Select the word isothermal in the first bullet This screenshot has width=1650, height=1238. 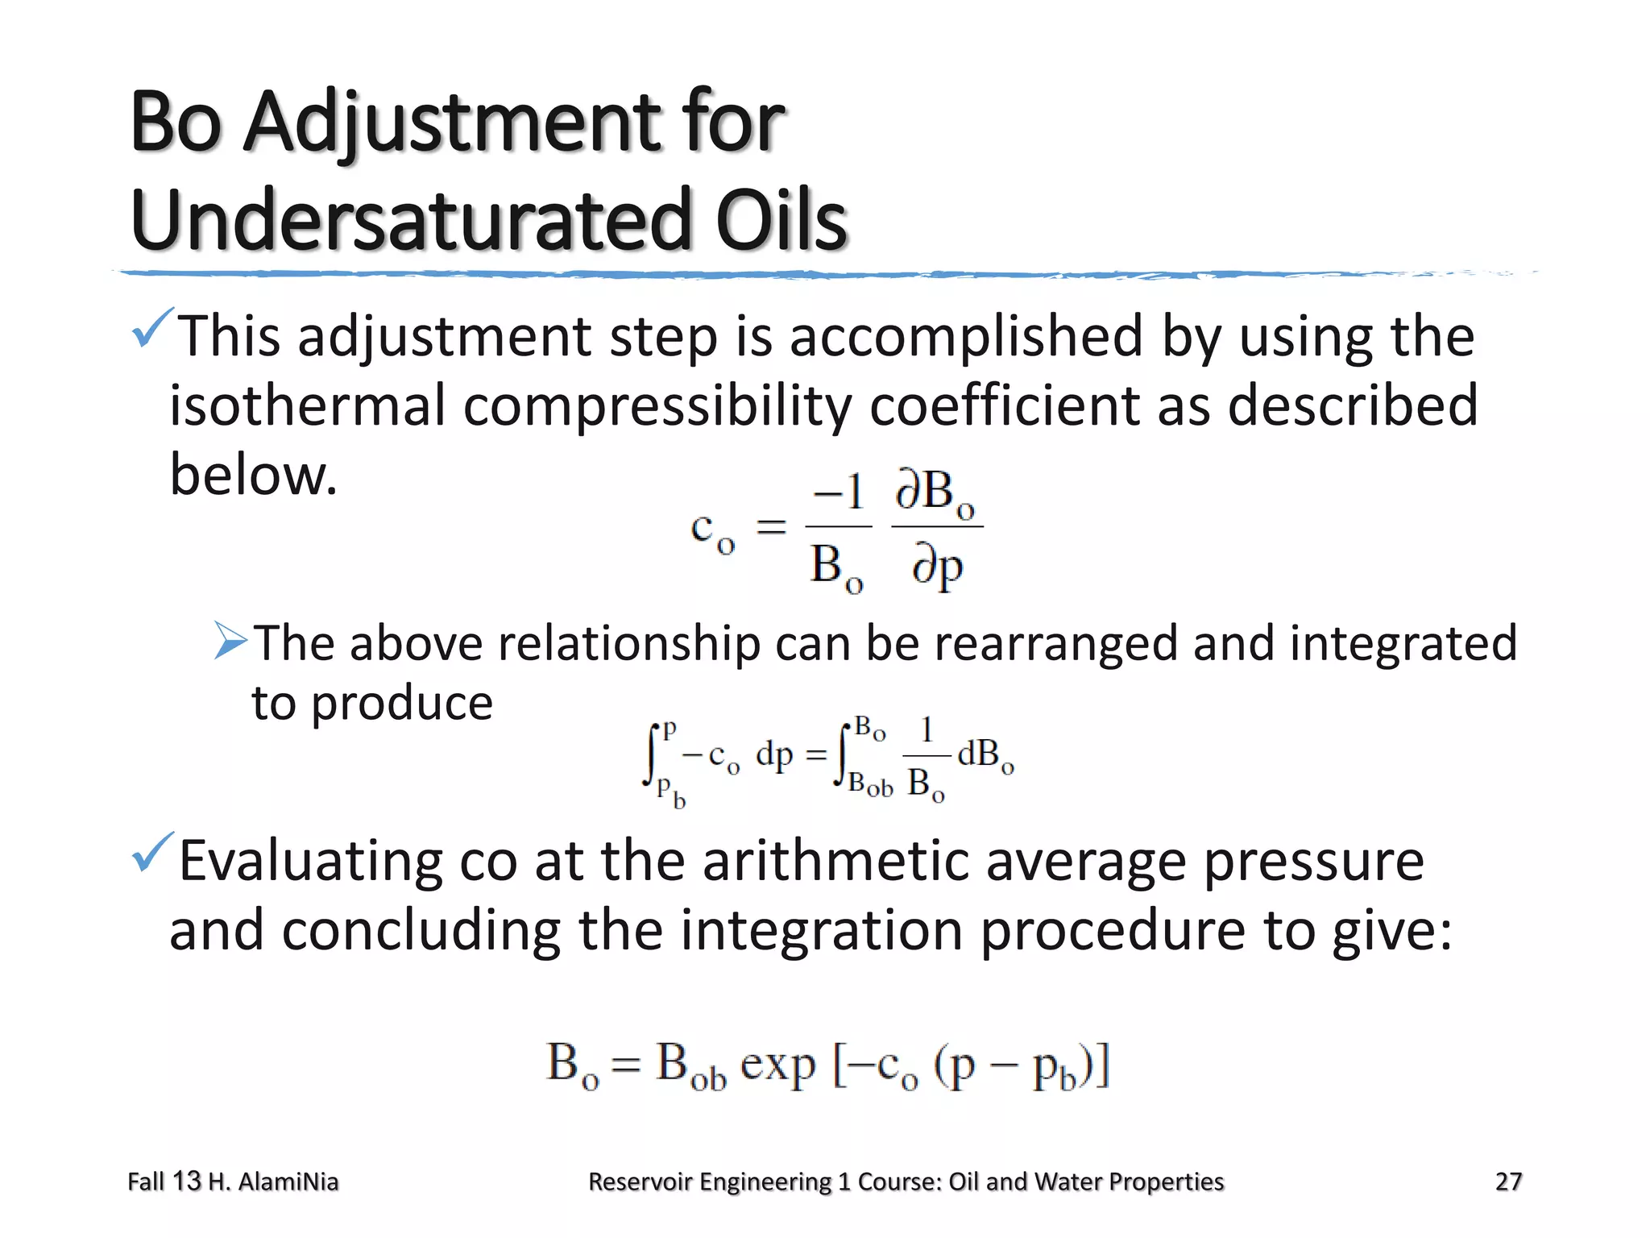click(x=307, y=405)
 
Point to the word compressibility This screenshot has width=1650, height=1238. click(x=657, y=405)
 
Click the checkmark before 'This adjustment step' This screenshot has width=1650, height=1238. click(x=151, y=328)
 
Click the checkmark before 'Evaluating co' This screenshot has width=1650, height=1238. click(x=151, y=853)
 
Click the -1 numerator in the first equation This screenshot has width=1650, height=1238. click(x=839, y=492)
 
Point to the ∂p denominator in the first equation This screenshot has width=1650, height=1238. click(x=937, y=566)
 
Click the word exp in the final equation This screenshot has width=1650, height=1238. click(x=777, y=1065)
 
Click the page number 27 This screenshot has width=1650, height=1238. click(x=1508, y=1182)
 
